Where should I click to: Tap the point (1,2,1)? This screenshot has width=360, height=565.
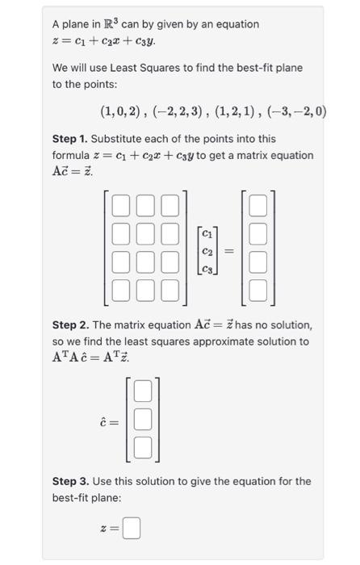(239, 111)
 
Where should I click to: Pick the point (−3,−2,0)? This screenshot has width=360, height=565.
(298, 111)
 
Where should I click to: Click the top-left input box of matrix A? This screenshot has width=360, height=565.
(120, 207)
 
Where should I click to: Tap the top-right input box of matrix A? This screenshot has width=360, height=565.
(170, 207)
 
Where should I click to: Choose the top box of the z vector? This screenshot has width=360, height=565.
(257, 207)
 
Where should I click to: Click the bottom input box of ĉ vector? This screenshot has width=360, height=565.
(143, 446)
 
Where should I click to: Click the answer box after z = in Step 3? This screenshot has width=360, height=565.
(132, 529)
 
